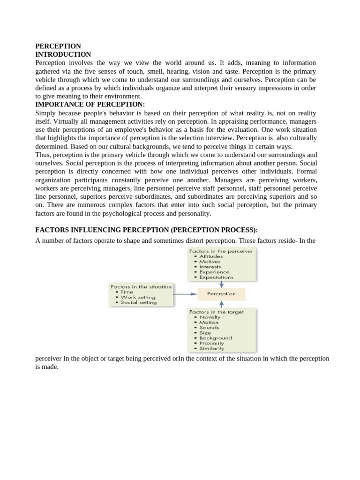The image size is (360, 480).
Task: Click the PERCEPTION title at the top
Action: (58, 46)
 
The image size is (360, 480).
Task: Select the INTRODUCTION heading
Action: (63, 54)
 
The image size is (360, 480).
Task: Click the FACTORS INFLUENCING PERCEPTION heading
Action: (147, 230)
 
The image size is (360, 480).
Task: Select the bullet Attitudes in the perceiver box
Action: (211, 256)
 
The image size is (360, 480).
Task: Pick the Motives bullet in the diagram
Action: (209, 262)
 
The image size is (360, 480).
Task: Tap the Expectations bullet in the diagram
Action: (216, 277)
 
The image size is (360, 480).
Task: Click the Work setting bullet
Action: (138, 297)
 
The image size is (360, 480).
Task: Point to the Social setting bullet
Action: (138, 302)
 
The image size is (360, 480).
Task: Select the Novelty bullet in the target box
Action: (210, 317)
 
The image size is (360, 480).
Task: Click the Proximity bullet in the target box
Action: (211, 343)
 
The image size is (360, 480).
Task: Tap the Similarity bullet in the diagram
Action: (212, 348)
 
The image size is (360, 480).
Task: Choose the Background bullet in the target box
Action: (216, 338)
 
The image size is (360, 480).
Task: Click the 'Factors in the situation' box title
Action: (141, 286)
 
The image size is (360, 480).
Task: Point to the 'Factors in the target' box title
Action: (216, 312)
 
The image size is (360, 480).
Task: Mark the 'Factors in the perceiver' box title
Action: (221, 251)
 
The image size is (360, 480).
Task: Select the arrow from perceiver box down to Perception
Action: (221, 284)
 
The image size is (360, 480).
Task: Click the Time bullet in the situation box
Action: (127, 292)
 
